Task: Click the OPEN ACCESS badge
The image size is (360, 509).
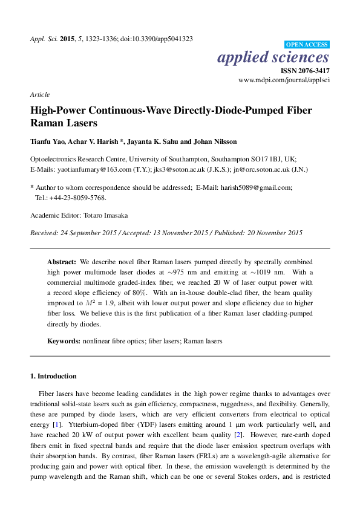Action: tap(307, 45)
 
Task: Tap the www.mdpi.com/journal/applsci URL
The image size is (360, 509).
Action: tap(284, 80)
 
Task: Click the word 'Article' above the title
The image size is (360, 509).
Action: tap(39, 94)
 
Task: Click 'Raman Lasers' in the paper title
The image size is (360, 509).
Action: tap(65, 122)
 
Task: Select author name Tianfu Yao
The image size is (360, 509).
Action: tap(48, 141)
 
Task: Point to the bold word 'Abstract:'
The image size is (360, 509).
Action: tap(62, 262)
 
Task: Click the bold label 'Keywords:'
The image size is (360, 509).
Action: tap(64, 341)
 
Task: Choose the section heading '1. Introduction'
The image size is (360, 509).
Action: tap(53, 375)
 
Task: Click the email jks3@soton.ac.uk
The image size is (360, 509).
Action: tap(171, 170)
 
